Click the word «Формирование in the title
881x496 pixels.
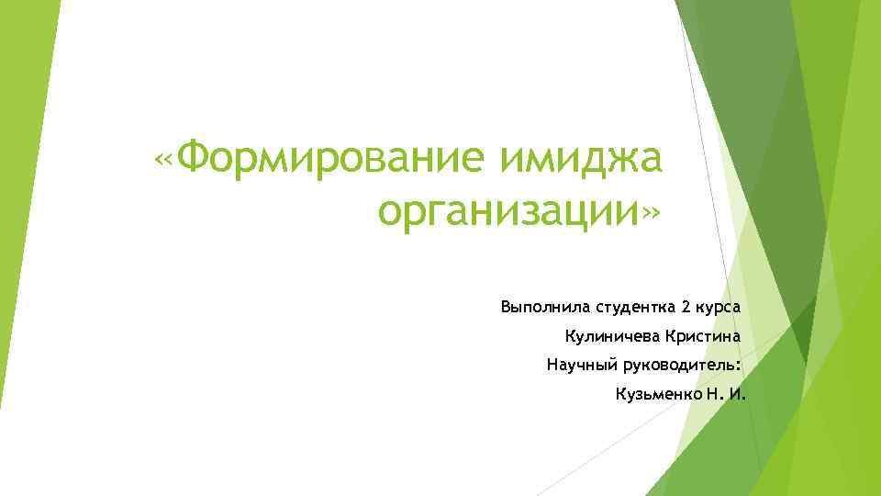click(320, 162)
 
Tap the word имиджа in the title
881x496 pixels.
click(580, 162)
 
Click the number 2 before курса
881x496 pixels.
click(686, 305)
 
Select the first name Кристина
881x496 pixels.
click(702, 335)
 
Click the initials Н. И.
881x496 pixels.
click(727, 395)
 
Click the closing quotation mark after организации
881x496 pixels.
click(650, 215)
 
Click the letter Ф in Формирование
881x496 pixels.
click(195, 162)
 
